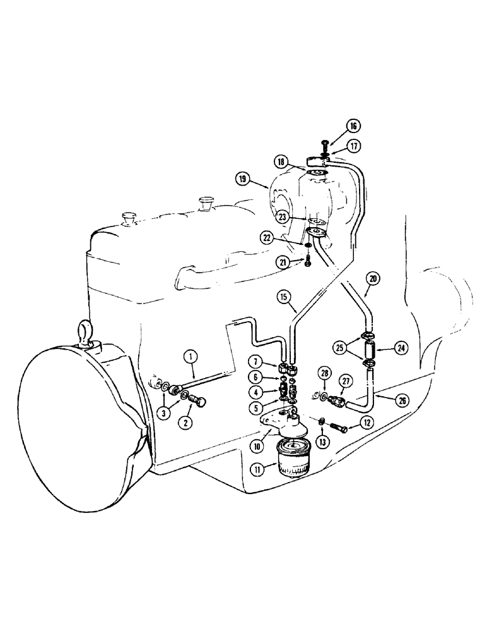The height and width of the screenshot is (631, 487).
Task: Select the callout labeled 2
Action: click(185, 423)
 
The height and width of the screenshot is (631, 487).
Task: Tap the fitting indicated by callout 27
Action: click(336, 399)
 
